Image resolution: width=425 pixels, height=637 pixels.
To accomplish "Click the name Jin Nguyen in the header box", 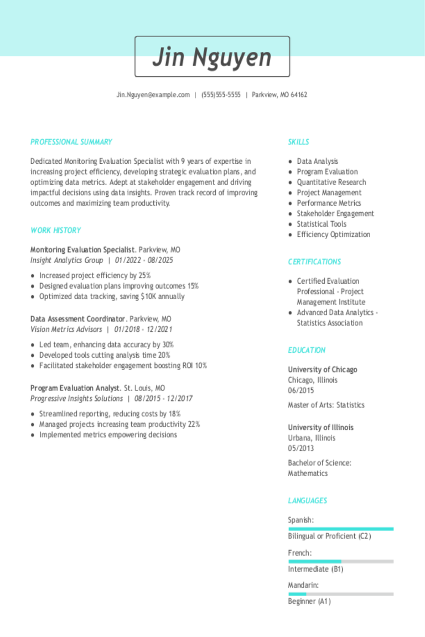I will point(212,57).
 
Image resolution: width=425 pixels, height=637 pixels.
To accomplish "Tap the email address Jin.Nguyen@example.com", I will point(153,95).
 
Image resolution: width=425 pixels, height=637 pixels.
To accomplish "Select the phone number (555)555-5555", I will point(221,95).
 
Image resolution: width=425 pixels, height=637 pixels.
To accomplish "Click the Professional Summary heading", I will point(71,142).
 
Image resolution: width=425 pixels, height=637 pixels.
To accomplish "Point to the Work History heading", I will point(56,231).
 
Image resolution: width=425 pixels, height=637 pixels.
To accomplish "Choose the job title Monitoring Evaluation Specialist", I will point(82,249).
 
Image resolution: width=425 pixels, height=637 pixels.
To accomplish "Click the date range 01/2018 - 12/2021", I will point(143,330).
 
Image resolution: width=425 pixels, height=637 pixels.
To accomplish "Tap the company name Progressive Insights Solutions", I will point(76,399).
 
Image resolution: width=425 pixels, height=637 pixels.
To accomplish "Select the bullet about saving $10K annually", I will point(112,296).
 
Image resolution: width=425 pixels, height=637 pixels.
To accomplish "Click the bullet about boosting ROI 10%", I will point(123,366).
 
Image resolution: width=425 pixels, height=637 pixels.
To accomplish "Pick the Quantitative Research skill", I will point(331,182).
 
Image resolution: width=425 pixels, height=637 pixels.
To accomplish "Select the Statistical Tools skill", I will point(322,224).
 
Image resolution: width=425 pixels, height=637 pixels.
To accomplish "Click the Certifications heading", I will point(314,262).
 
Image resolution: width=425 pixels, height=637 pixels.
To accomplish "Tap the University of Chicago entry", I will point(323,369).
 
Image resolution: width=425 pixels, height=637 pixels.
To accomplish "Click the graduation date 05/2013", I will point(300,448).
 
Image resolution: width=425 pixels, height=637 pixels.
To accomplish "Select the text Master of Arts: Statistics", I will point(326,405).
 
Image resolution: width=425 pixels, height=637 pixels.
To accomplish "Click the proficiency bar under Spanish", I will point(341,529).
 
